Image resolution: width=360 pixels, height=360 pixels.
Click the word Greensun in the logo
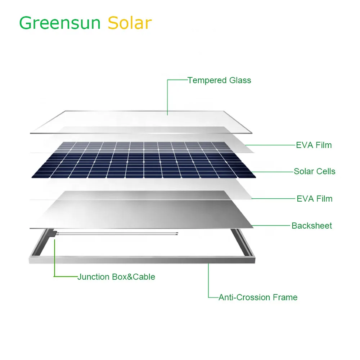click(60, 23)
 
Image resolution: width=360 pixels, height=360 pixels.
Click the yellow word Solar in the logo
click(130, 23)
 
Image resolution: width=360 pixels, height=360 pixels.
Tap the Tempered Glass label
click(220, 80)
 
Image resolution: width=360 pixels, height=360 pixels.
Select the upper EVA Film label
click(314, 145)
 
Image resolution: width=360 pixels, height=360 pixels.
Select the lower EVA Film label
click(315, 199)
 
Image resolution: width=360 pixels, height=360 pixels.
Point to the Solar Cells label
click(315, 171)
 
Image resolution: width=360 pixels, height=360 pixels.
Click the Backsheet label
click(312, 226)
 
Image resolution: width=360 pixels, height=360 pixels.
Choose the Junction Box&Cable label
click(116, 277)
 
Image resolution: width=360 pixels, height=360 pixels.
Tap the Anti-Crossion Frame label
click(258, 297)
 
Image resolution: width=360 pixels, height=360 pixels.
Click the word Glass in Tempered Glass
click(240, 80)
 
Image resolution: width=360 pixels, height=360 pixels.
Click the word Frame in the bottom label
click(285, 297)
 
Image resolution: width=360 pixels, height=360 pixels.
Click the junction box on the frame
click(52, 233)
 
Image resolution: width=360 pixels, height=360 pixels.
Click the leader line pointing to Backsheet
click(271, 226)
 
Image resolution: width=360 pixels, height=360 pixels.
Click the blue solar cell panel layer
click(144, 160)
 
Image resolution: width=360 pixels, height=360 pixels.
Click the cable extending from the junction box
click(117, 234)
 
